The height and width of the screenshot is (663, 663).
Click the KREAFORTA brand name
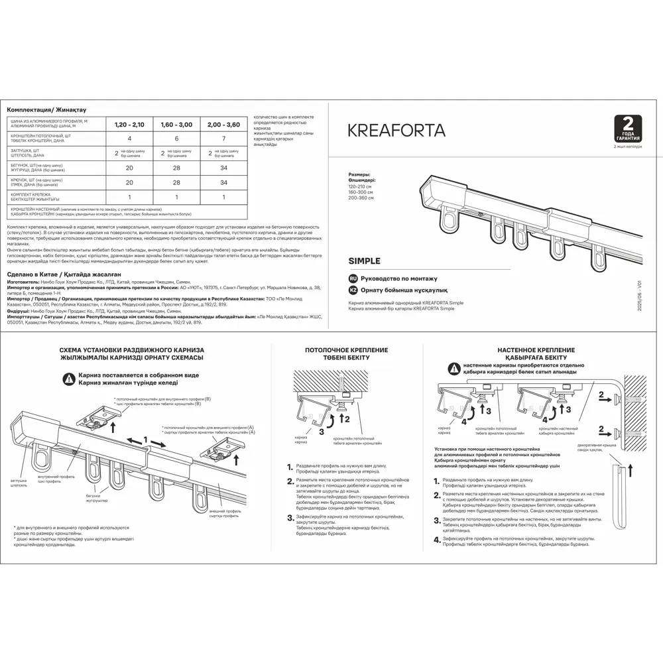point(396,130)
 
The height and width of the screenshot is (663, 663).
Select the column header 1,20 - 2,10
point(129,124)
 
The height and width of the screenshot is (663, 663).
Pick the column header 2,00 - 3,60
point(223,124)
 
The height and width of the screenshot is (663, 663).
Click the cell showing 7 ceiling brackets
point(223,138)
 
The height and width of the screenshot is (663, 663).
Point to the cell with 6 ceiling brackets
point(176,138)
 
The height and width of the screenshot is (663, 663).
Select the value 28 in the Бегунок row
point(176,168)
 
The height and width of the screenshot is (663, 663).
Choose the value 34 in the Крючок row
point(223,182)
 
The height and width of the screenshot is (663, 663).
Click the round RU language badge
point(353,279)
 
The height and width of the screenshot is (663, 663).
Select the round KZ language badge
point(353,290)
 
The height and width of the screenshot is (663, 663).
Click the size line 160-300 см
point(361,192)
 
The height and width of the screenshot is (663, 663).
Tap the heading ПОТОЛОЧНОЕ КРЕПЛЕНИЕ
point(346,349)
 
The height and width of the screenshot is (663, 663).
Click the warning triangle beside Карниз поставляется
point(69,379)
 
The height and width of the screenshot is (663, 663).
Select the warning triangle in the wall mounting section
point(453,368)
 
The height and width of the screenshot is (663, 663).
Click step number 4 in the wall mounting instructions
point(436,540)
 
